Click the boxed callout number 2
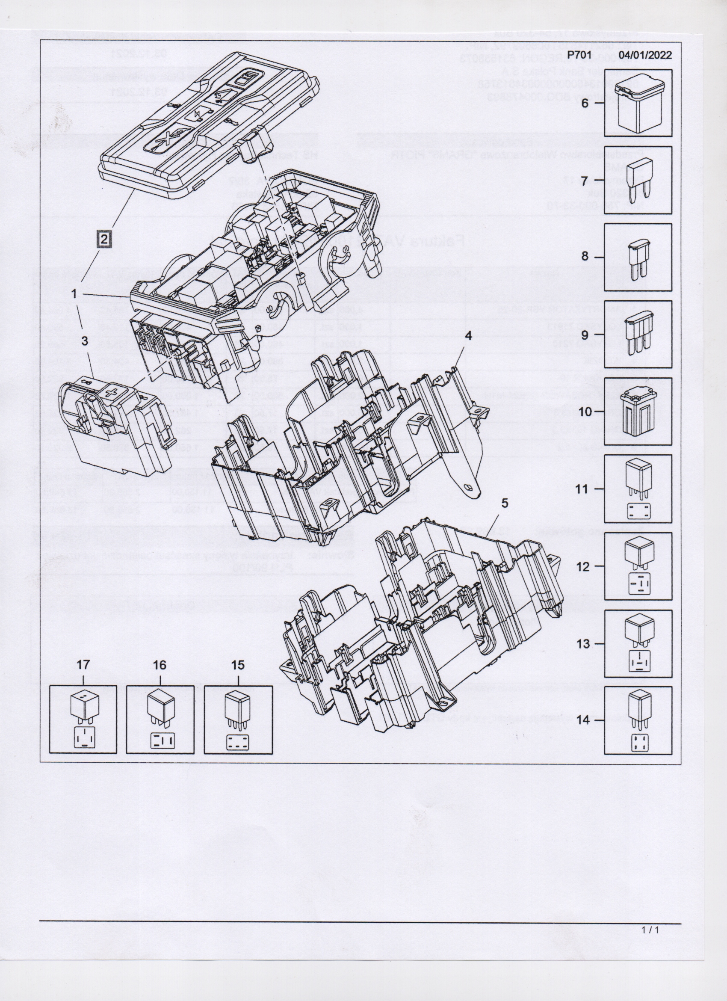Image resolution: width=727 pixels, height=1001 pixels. pyautogui.click(x=103, y=239)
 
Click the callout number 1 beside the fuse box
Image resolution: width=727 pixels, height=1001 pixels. pyautogui.click(x=74, y=293)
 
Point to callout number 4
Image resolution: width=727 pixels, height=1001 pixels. pyautogui.click(x=468, y=335)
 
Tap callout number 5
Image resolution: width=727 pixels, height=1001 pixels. pyautogui.click(x=505, y=503)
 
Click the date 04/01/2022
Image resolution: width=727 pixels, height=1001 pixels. pyautogui.click(x=645, y=55)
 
